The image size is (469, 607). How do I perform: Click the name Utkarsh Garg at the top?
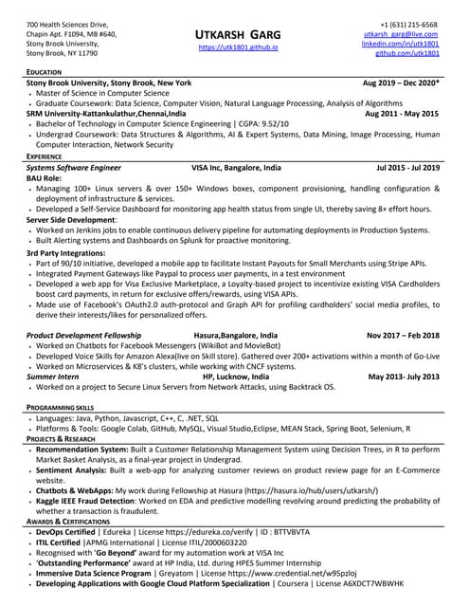coord(235,31)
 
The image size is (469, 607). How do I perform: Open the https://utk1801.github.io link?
coord(235,46)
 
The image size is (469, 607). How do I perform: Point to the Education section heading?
coord(45,72)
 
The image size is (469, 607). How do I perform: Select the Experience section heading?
coord(46,156)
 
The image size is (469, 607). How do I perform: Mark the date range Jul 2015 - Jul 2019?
coord(408,167)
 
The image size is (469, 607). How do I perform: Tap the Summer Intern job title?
coord(54,377)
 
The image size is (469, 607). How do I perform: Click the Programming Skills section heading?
coord(62,406)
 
